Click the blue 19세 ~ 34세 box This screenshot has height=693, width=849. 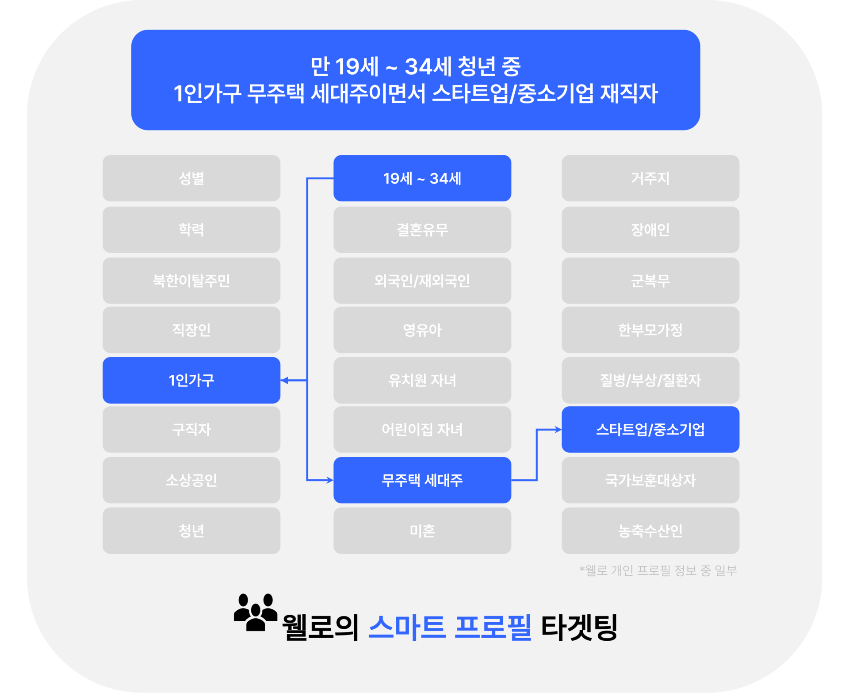(x=422, y=178)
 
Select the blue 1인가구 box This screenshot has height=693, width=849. (x=191, y=380)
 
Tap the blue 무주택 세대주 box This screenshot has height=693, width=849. (x=422, y=480)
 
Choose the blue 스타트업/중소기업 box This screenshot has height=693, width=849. (x=650, y=429)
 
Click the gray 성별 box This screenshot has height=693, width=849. (x=191, y=178)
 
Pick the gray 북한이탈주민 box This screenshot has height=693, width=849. (x=191, y=281)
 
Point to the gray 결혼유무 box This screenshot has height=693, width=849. (x=422, y=230)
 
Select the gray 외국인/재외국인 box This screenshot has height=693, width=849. (x=422, y=281)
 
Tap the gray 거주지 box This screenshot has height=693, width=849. (x=650, y=178)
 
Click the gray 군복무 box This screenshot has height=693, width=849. (x=650, y=281)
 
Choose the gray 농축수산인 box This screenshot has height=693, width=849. (x=650, y=531)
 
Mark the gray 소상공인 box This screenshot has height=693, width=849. (x=191, y=480)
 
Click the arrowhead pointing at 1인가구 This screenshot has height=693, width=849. (x=284, y=380)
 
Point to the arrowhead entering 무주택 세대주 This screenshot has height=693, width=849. (x=329, y=480)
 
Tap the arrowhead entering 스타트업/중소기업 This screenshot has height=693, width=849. (x=558, y=429)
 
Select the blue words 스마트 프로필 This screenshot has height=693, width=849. (x=449, y=627)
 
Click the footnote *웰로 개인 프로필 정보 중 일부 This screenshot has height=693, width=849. (x=658, y=570)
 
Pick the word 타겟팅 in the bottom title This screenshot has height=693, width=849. (x=579, y=627)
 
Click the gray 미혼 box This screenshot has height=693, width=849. (x=422, y=531)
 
